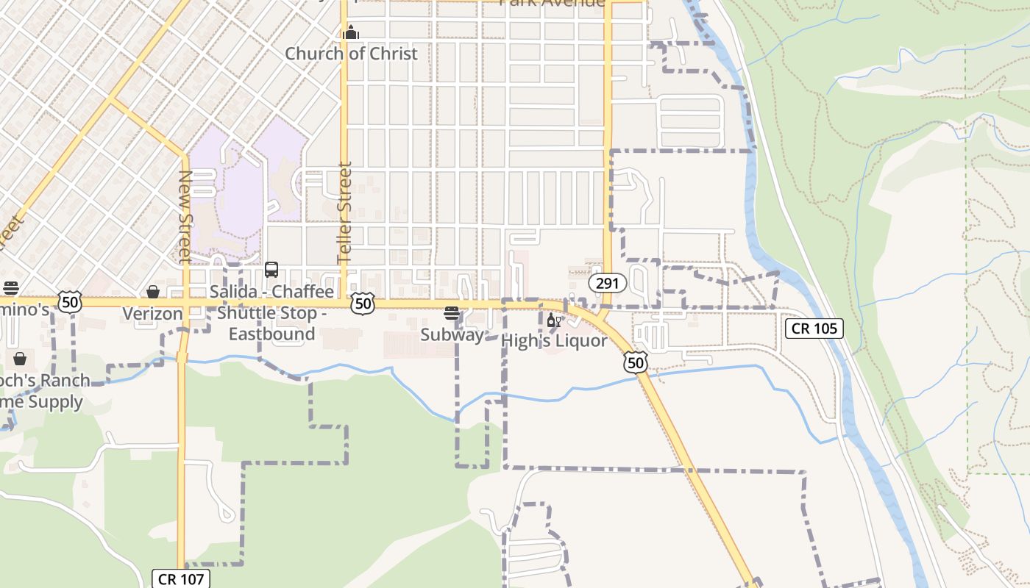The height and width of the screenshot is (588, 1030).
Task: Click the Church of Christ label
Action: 351,54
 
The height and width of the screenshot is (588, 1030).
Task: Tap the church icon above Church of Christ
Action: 351,32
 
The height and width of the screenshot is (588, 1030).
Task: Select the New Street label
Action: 185,216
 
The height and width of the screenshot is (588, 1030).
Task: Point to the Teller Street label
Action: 344,213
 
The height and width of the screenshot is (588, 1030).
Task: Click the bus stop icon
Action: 271,270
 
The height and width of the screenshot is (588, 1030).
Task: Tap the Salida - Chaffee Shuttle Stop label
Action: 271,312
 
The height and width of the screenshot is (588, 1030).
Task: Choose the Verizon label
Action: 152,314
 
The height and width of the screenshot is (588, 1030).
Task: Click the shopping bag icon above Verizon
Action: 153,293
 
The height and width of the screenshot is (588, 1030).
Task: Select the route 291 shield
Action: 608,283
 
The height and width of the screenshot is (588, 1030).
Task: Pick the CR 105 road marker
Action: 814,329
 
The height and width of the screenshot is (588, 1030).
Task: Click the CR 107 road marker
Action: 181,578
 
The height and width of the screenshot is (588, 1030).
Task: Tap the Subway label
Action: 452,335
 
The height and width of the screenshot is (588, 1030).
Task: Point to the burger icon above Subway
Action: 452,314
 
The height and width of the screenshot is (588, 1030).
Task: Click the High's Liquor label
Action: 554,341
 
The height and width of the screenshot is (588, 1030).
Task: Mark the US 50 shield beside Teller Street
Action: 363,304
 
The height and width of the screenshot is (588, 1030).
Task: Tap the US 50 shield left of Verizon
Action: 70,301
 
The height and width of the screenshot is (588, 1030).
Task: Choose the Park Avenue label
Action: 552,3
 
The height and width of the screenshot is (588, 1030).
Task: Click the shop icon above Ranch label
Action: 19,359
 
